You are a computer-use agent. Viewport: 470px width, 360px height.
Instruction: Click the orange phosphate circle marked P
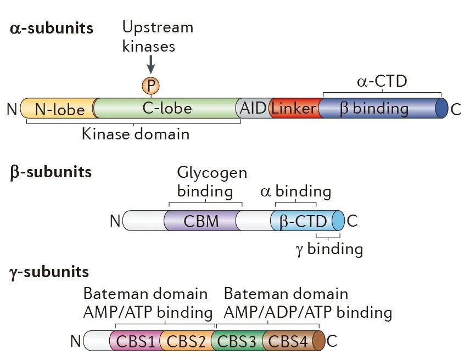[149, 86]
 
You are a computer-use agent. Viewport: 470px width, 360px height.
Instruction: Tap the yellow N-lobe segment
[59, 109]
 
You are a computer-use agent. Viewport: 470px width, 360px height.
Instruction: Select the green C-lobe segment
[167, 108]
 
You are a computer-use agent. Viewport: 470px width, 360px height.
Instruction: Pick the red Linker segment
[294, 108]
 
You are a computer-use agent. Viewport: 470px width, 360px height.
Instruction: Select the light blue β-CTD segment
[303, 221]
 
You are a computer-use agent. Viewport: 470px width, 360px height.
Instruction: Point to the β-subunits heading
[51, 172]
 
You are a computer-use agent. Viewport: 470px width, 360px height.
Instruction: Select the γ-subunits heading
[49, 271]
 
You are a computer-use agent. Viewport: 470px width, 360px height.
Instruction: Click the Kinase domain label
[135, 133]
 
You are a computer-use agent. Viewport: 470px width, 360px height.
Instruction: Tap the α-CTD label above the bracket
[382, 82]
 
